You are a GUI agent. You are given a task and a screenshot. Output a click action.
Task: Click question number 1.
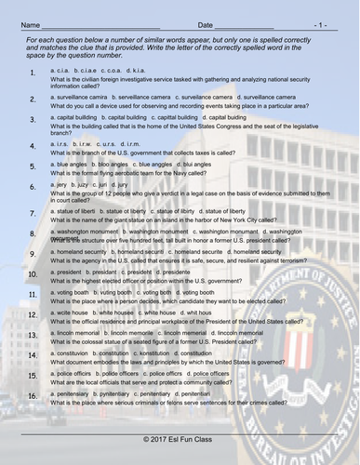click(33, 73)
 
